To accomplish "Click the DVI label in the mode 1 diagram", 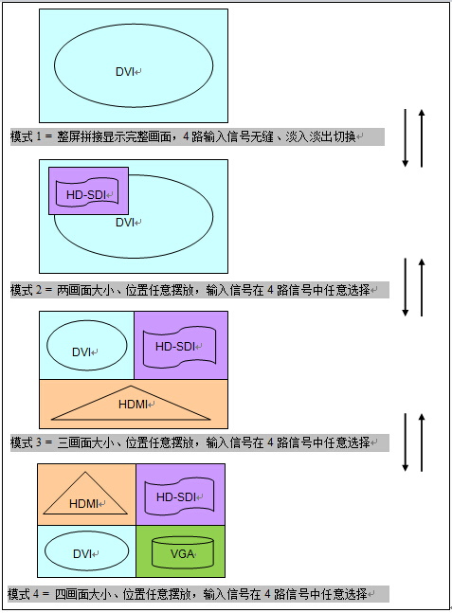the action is pyautogui.click(x=125, y=72).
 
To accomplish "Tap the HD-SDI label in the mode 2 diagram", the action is pyautogui.click(x=86, y=194).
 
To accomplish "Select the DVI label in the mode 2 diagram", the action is pyautogui.click(x=125, y=223).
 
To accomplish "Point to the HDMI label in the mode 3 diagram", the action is pyautogui.click(x=133, y=405).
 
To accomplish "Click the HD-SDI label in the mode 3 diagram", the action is pyautogui.click(x=175, y=347).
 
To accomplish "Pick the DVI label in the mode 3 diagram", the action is pyautogui.click(x=81, y=352).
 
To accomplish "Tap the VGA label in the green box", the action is pyautogui.click(x=182, y=554).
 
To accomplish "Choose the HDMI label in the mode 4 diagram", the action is pyautogui.click(x=83, y=504).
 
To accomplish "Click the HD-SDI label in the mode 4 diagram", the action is pyautogui.click(x=176, y=497).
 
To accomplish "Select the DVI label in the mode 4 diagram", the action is pyautogui.click(x=82, y=554).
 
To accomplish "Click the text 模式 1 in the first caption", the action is pyautogui.click(x=26, y=136).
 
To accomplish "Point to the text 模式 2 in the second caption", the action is pyautogui.click(x=26, y=290).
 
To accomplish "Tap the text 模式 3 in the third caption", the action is pyautogui.click(x=26, y=442).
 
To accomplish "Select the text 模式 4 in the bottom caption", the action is pyautogui.click(x=23, y=594).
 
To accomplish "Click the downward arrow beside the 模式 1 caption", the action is pyautogui.click(x=406, y=138).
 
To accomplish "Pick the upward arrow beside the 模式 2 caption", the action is pyautogui.click(x=422, y=287).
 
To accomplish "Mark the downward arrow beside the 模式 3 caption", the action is pyautogui.click(x=406, y=442).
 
